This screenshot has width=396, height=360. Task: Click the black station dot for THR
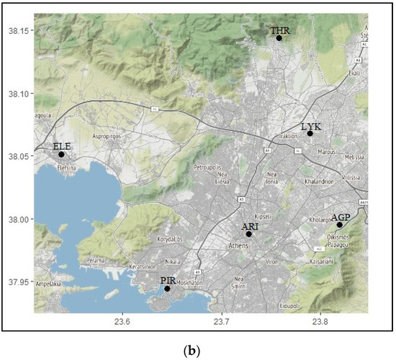coord(279,37)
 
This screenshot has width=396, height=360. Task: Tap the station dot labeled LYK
coord(310,133)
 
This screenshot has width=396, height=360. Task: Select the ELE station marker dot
coord(61,154)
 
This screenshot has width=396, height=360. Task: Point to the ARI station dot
coord(249,234)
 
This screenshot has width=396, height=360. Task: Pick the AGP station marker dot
coord(339,225)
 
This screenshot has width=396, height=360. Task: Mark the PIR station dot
coord(167,288)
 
